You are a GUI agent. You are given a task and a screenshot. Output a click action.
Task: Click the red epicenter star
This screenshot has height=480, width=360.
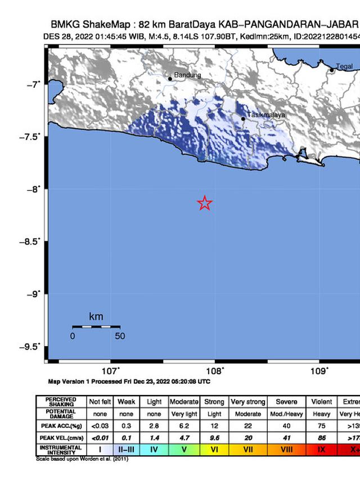tap(205, 203)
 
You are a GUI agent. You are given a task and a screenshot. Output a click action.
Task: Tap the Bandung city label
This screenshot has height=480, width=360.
tap(187, 75)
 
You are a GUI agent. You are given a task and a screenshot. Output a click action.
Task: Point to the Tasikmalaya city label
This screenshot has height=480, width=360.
tap(267, 115)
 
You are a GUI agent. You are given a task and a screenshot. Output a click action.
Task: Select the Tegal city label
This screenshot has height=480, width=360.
tap(344, 67)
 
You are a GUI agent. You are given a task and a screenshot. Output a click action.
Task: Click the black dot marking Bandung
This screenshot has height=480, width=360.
tap(170, 79)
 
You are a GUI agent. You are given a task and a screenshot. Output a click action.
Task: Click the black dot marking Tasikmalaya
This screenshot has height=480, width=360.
tap(243, 119)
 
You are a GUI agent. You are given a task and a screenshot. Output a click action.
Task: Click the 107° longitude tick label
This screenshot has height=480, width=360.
tap(111, 371)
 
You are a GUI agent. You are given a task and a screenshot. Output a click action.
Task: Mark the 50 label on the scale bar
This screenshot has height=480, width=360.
tap(120, 337)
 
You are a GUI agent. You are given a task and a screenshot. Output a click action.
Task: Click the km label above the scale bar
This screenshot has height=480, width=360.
tap(96, 317)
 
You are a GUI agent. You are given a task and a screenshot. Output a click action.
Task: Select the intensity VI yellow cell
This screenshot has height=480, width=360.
tap(214, 450)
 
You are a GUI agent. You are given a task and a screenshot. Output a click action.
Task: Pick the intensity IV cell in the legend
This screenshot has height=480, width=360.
tap(154, 450)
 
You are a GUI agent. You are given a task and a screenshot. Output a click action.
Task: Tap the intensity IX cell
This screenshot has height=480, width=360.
tap(321, 450)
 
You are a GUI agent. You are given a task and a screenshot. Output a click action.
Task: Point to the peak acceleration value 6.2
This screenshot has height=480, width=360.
tap(184, 425)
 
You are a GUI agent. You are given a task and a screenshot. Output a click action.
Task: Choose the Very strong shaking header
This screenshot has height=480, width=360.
tap(247, 402)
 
